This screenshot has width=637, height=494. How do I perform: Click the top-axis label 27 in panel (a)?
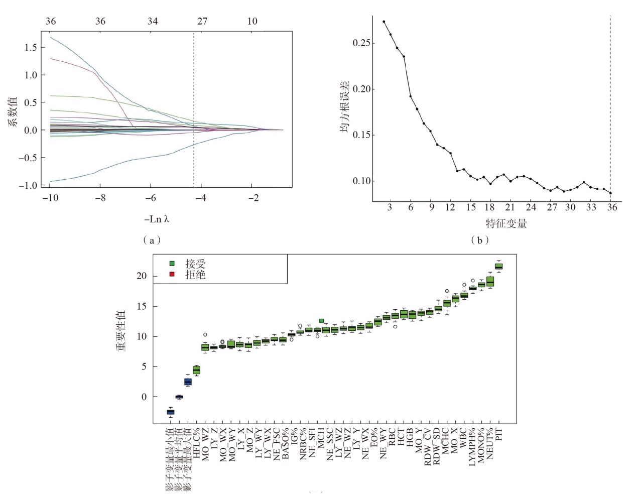(x=202, y=21)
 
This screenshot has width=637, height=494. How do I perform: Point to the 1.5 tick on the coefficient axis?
(x=31, y=48)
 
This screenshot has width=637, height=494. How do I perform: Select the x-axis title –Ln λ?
(x=157, y=219)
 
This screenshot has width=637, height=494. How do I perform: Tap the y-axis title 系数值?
(x=13, y=111)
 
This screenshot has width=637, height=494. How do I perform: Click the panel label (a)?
(x=152, y=240)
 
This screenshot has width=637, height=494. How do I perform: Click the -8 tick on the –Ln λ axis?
(x=100, y=198)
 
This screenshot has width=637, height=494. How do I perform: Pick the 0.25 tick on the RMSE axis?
(x=361, y=43)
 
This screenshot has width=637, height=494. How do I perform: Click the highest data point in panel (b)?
(x=384, y=22)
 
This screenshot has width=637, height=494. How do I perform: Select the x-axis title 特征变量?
(x=506, y=224)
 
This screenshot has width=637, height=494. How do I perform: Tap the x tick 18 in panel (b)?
(x=490, y=207)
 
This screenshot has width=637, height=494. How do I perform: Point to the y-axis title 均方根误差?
(x=345, y=107)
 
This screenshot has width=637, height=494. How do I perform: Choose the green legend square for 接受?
(x=172, y=264)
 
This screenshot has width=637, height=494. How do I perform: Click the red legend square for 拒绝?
(x=172, y=274)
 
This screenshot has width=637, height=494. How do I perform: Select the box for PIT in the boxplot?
(x=498, y=267)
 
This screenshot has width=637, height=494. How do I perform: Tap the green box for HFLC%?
(x=196, y=370)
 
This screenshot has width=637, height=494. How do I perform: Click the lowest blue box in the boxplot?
(x=171, y=412)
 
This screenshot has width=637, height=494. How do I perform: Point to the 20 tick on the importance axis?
(x=142, y=276)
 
